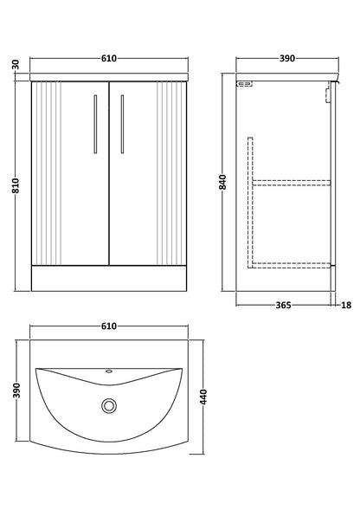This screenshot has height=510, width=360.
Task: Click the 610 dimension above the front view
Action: [x=109, y=59]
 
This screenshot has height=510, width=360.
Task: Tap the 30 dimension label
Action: [x=16, y=64]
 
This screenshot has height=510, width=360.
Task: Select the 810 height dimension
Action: [x=16, y=185]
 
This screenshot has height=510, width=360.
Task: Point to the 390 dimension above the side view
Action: [x=287, y=59]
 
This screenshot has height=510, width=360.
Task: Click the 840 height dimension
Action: [x=222, y=182]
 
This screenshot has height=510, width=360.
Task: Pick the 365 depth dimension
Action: [x=284, y=305]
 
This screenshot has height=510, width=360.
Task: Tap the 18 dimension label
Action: [x=346, y=305]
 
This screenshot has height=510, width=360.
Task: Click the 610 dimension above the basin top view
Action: [x=109, y=326]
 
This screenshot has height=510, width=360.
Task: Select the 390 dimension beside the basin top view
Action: [x=16, y=391]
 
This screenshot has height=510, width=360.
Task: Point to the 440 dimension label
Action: [x=202, y=397]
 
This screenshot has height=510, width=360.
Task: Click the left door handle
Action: [x=95, y=124]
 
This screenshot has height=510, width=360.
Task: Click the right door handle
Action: [x=122, y=124]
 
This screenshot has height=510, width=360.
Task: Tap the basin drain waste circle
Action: [x=109, y=405]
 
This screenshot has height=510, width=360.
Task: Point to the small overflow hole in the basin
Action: [x=109, y=371]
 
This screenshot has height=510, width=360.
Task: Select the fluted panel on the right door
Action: [x=170, y=173]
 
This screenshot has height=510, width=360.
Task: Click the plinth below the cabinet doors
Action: [x=109, y=279]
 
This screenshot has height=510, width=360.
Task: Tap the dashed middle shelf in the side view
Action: [x=292, y=183]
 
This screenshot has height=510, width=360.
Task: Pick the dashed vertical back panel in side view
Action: [x=250, y=203]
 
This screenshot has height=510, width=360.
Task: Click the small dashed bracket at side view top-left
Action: [x=244, y=84]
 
